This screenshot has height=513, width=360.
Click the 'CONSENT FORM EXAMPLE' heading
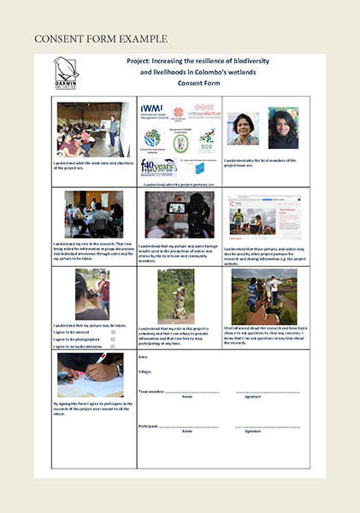point(101,39)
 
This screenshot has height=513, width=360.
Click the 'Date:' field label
point(143,356)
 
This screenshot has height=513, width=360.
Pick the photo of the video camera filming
point(180,214)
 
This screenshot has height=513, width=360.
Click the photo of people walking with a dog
point(264,296)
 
